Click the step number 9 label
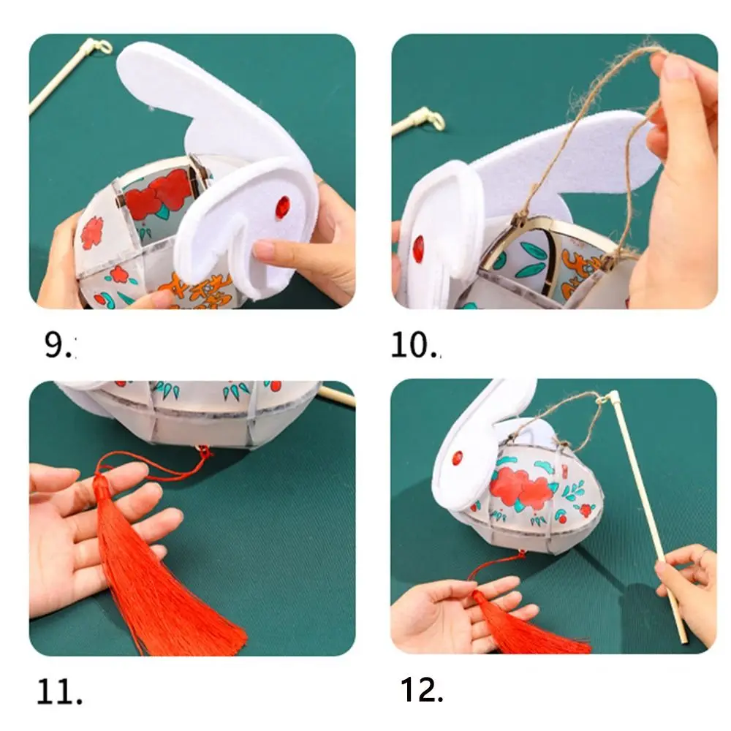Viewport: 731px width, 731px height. coord(58,345)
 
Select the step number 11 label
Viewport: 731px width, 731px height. coord(58,691)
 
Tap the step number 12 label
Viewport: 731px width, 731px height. coord(422,689)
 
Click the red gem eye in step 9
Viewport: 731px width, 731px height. coord(282,207)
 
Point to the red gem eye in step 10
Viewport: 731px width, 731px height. coord(418,249)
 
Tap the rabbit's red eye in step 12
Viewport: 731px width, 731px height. coord(457,458)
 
